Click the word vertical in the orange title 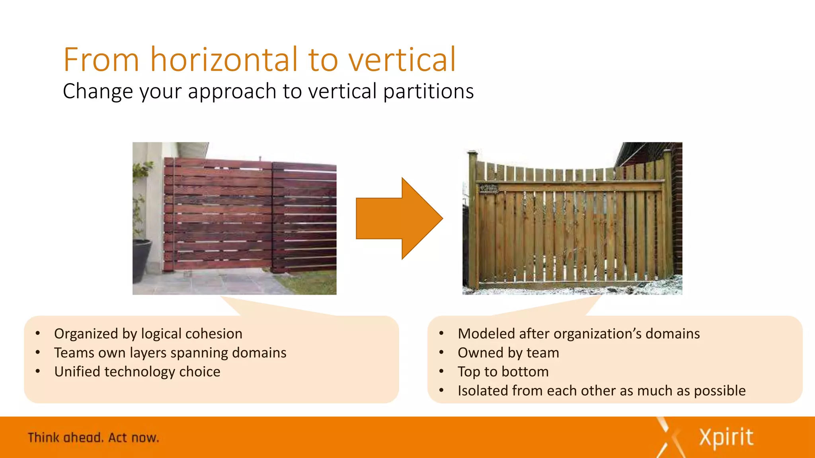click(x=402, y=60)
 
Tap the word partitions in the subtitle click(x=429, y=91)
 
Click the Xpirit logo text click(x=726, y=438)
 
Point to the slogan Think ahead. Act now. click(x=93, y=438)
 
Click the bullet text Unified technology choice click(x=137, y=372)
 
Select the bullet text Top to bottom click(x=503, y=372)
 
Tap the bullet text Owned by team click(x=508, y=353)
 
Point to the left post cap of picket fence click(x=473, y=153)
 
